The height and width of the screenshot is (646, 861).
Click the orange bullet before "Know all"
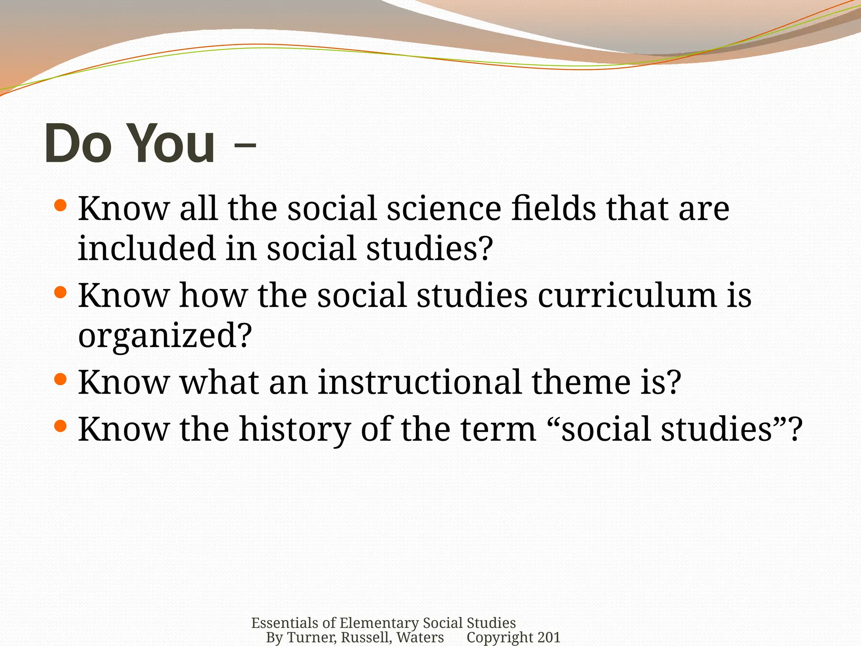[61, 205]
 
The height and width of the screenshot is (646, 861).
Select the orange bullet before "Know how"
[61, 292]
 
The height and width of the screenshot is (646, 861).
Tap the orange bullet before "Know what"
[61, 379]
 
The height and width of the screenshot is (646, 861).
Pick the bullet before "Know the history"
[61, 426]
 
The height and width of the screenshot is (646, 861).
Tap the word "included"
[146, 248]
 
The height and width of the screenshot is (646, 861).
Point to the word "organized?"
[165, 336]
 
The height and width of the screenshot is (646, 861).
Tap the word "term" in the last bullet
[498, 429]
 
